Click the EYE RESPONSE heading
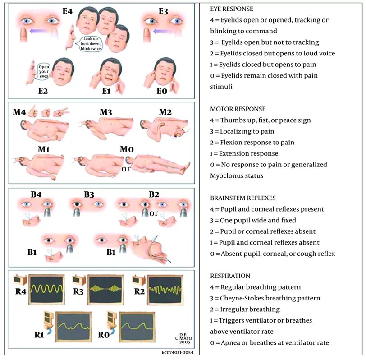coord(232,9)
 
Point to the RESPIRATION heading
coord(231,276)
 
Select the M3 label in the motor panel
coord(107,111)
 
